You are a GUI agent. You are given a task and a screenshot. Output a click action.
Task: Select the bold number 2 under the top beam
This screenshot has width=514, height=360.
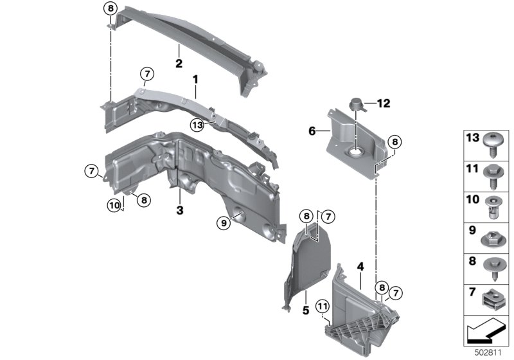point(179,64)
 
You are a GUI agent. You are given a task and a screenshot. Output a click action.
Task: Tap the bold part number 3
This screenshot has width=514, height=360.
point(180,210)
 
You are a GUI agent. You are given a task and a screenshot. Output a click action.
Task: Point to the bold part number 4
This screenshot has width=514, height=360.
point(360,265)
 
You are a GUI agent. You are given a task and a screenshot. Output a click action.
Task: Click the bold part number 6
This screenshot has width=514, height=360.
point(312,130)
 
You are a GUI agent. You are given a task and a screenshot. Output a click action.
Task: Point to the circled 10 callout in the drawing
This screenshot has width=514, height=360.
point(114,205)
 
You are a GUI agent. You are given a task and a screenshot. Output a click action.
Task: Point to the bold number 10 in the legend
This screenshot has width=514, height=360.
point(472,201)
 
